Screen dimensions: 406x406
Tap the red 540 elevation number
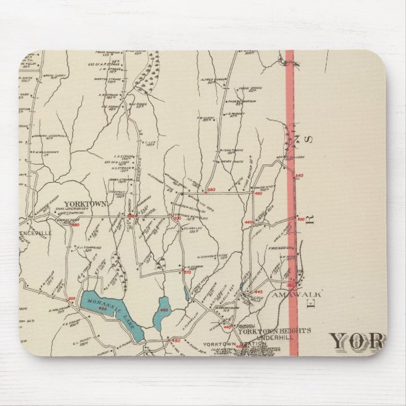299,175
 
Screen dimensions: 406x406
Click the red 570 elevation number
187,272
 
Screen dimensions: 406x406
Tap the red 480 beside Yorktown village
76,224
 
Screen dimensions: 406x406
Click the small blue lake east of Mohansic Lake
163,313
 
